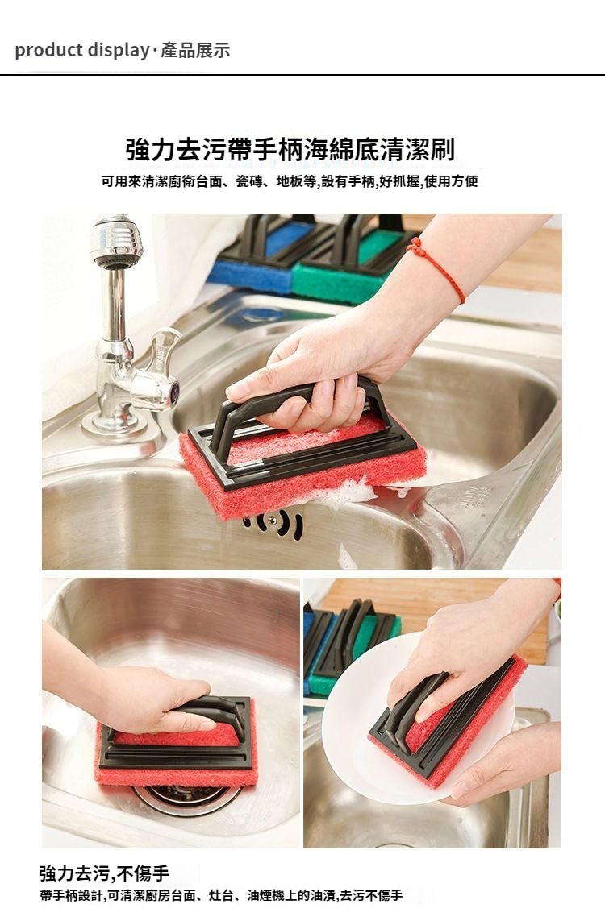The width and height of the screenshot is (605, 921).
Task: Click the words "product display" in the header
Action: (81, 51)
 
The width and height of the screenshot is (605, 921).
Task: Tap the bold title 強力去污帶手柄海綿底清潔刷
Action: (290, 149)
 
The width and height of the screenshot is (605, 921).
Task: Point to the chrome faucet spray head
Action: (117, 243)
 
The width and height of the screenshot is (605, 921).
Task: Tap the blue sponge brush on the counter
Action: (259, 259)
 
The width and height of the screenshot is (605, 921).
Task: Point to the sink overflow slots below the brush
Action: (275, 523)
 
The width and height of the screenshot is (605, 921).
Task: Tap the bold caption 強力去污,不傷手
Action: (104, 873)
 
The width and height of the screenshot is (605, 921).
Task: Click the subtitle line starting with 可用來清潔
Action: (290, 181)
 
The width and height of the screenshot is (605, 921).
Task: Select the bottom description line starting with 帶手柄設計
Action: (221, 896)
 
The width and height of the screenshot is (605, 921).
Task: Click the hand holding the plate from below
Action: (506, 764)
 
